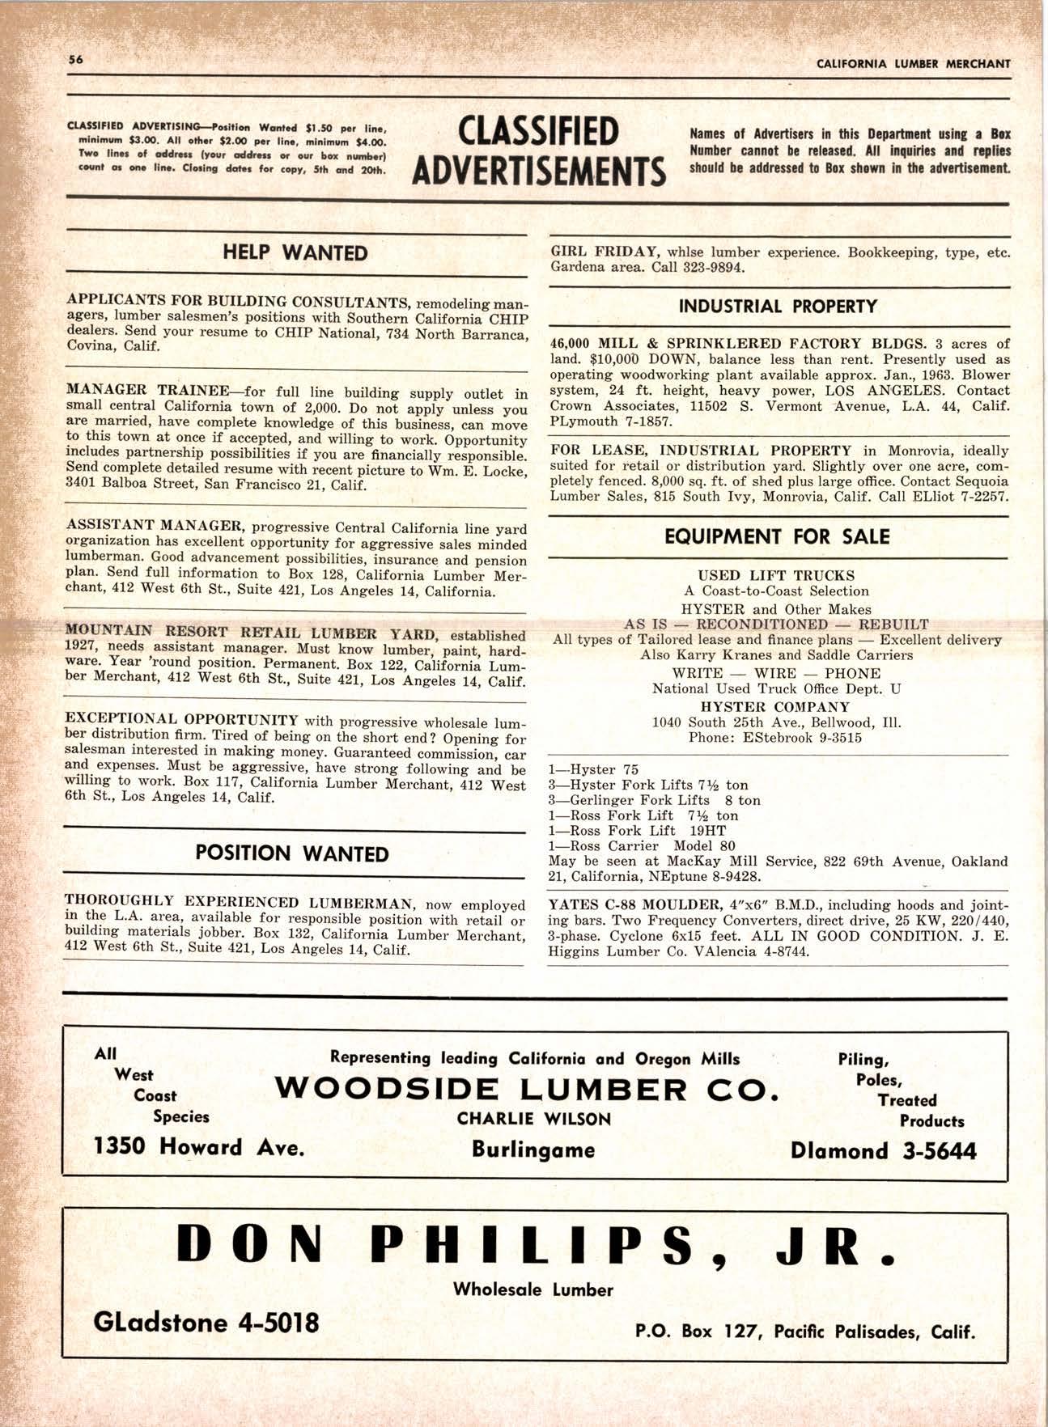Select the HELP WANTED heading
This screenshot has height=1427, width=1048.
pyautogui.click(x=295, y=253)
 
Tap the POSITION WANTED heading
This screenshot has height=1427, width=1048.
pyautogui.click(x=292, y=854)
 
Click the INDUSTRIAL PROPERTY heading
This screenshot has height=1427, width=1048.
pyautogui.click(x=778, y=307)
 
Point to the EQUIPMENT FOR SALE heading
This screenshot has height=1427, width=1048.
pyautogui.click(x=777, y=537)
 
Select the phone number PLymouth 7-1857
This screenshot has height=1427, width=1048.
pyautogui.click(x=605, y=421)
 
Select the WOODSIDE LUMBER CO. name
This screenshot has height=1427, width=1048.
pyautogui.click(x=528, y=1090)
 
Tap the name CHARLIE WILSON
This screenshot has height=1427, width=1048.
pyautogui.click(x=533, y=1119)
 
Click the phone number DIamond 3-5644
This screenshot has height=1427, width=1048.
pyautogui.click(x=883, y=1150)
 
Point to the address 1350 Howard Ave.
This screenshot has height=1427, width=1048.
pyautogui.click(x=199, y=1147)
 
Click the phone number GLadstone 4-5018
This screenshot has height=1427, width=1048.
pyautogui.click(x=206, y=1322)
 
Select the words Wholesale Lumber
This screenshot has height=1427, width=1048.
pyautogui.click(x=532, y=1289)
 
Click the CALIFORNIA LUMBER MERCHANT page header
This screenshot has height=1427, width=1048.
pyautogui.click(x=913, y=63)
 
